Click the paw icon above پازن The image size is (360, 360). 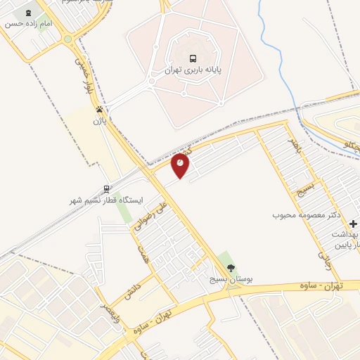pyautogui.click(x=100, y=110)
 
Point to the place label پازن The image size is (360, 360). pyautogui.click(x=99, y=121)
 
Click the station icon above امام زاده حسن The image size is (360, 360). pyautogui.click(x=28, y=13)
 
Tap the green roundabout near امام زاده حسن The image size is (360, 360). pyautogui.click(x=68, y=39)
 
